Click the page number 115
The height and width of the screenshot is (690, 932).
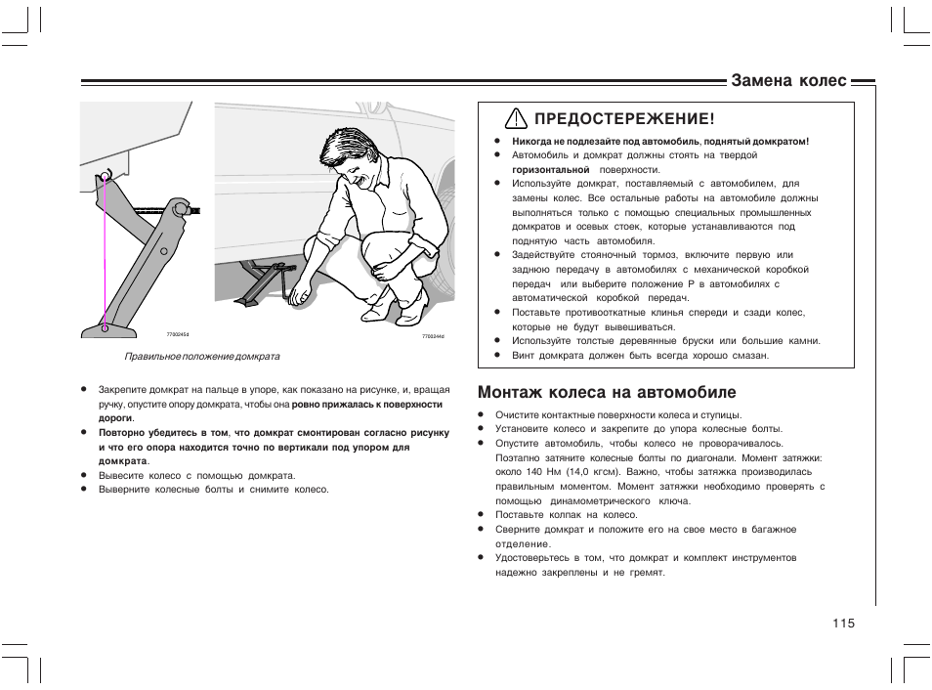pyautogui.click(x=844, y=623)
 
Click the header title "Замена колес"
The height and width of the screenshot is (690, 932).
pyautogui.click(x=789, y=81)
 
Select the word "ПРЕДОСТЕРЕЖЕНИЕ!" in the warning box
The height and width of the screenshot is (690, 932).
pyautogui.click(x=617, y=119)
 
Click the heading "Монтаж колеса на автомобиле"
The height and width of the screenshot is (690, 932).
pyautogui.click(x=607, y=393)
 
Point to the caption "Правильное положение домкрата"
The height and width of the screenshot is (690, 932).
pyautogui.click(x=201, y=357)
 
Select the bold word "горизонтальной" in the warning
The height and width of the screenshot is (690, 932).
pyautogui.click(x=551, y=169)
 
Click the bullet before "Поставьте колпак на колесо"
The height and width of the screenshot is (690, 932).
pyautogui.click(x=482, y=515)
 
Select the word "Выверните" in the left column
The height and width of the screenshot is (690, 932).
pyautogui.click(x=123, y=489)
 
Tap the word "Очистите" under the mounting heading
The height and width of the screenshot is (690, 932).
pyautogui.click(x=518, y=414)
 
